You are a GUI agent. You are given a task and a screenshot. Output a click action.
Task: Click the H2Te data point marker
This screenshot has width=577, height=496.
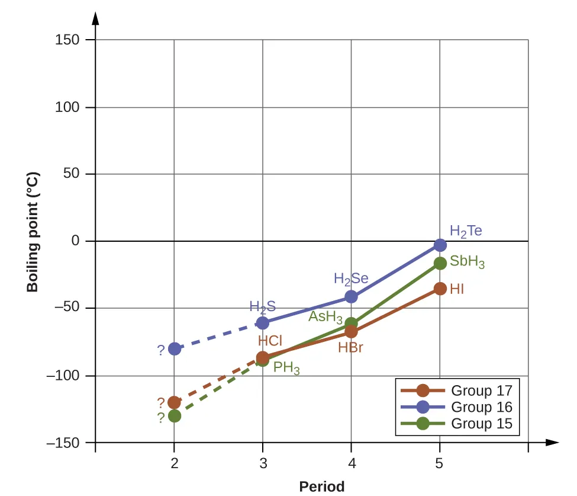(x=440, y=245)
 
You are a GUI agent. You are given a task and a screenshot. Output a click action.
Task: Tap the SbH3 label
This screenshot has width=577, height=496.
(x=467, y=262)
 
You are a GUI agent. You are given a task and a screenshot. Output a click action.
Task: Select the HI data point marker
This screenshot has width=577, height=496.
(x=440, y=289)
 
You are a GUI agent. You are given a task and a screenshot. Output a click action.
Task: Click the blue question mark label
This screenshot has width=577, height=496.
(x=160, y=350)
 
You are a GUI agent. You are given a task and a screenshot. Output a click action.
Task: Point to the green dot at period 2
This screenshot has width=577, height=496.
(x=174, y=416)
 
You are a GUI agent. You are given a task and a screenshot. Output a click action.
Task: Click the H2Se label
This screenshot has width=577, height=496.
(x=351, y=279)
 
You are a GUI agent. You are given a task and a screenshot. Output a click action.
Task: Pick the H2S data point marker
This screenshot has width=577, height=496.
(x=262, y=323)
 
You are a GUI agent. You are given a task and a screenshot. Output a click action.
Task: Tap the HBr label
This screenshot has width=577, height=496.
(x=350, y=348)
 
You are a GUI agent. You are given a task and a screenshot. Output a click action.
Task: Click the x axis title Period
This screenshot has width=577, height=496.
(x=321, y=487)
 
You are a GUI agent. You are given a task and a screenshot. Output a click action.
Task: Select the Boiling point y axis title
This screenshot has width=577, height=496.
(x=33, y=232)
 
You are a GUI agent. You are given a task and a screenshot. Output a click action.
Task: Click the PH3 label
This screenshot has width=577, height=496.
(x=286, y=368)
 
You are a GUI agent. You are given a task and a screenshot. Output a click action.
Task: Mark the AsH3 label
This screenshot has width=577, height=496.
(x=325, y=316)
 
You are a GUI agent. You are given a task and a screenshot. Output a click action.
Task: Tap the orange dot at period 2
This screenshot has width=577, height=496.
(x=174, y=402)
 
